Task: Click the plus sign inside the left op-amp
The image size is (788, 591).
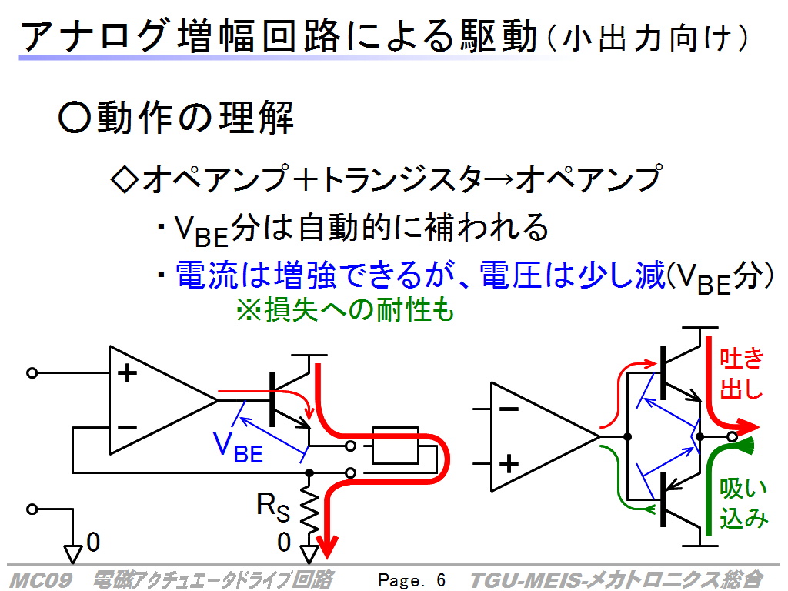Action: coord(127,373)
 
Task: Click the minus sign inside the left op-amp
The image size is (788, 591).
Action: coord(127,428)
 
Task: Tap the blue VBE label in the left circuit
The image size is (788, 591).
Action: coord(239,447)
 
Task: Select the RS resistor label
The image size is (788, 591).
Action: coord(273,506)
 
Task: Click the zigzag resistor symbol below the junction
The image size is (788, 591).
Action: coord(309,510)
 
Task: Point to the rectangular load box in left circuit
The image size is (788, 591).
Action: coord(396,446)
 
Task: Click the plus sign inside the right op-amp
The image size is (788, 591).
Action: coord(509,463)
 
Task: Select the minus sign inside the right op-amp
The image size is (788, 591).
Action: coord(509,409)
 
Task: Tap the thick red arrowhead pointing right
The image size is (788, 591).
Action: coord(748,428)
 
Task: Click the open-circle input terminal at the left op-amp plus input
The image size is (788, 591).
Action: coord(32,373)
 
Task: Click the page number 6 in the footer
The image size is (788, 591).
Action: coord(441,580)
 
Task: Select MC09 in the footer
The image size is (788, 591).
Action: coord(41,580)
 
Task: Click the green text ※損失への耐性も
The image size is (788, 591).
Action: coord(346,309)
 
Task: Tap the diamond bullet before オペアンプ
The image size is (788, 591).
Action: coord(125,179)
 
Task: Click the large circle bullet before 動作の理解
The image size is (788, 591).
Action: coord(75,117)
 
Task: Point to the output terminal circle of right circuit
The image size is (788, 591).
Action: coord(732,437)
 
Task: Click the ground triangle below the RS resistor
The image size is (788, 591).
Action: coord(309,554)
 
